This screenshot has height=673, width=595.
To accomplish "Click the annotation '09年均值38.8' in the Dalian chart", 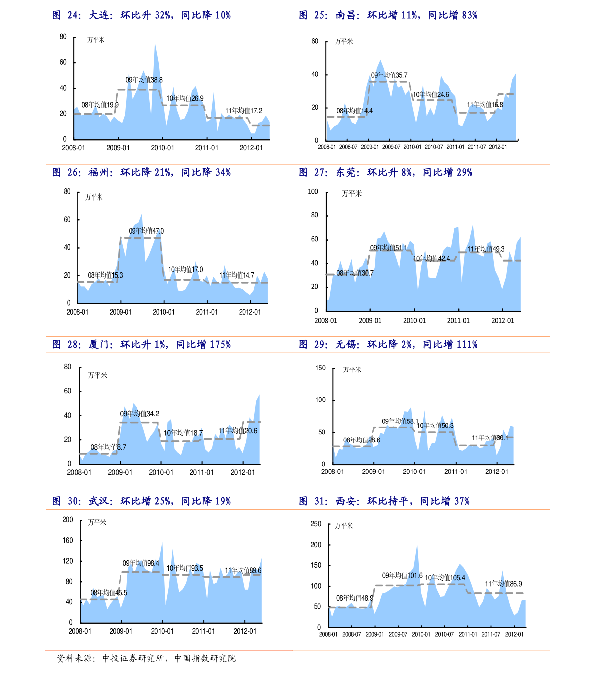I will point(144,80).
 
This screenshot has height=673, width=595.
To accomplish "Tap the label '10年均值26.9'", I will point(185,98).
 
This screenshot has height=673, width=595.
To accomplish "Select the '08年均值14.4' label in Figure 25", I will point(354,111).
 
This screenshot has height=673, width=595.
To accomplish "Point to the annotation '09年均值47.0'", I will point(146,231).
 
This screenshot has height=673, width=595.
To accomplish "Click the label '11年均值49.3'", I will point(486,249).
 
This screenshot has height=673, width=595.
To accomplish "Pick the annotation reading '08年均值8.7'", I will point(108,447).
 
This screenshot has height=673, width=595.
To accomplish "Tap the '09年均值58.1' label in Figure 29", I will point(400,421).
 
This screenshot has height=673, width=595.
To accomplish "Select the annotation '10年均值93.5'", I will point(185,568).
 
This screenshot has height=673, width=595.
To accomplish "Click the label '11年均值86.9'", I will point(503,584).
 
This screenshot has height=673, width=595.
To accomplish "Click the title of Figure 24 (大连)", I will point(142,15).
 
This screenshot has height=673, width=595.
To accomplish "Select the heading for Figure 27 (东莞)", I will point(386,172).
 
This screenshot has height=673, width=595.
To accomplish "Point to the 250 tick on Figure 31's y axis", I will point(316,524).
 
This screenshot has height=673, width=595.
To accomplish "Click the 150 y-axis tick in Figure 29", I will point(320,368).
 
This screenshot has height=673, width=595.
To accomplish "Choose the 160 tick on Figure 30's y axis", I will point(68,540).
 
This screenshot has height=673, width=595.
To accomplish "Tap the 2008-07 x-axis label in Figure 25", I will point(348,147).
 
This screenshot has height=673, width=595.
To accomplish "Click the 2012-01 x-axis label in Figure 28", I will point(243,472).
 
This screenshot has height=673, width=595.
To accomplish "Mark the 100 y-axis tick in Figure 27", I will point(313,191).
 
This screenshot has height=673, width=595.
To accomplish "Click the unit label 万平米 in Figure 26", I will point(94,197).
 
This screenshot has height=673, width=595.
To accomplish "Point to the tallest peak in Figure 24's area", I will point(155,43).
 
